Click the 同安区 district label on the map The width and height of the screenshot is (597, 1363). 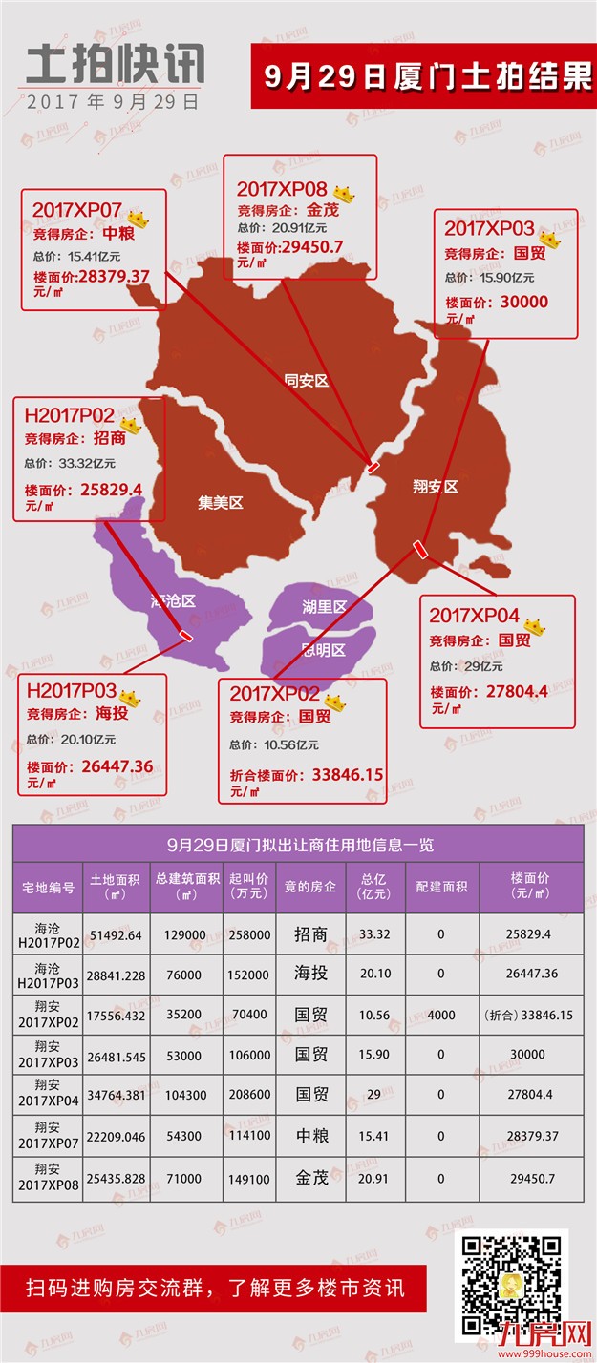point(306,381)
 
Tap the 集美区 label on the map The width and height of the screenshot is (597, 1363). point(221,503)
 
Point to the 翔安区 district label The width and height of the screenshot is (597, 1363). point(435,487)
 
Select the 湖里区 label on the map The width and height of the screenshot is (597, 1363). point(324,607)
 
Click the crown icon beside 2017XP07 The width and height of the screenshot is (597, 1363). point(139,218)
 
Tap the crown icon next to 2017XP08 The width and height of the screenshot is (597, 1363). point(343,194)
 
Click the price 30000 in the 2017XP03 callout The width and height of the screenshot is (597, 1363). point(524,302)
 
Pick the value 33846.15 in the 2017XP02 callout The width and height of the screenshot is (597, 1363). point(347,774)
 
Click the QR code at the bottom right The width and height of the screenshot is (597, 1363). point(514,1284)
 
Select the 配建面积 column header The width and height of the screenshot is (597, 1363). point(441,887)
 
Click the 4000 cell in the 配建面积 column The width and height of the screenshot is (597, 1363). point(441,1015)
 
